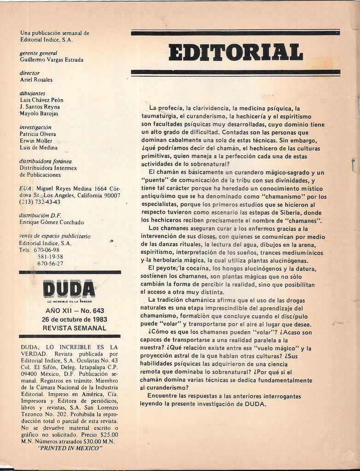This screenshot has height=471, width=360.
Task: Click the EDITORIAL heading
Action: click(x=236, y=52)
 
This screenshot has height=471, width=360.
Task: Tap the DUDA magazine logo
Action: click(x=69, y=289)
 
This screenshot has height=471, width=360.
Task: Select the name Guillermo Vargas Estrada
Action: click(x=52, y=60)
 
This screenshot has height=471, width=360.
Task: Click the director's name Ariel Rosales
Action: click(x=36, y=80)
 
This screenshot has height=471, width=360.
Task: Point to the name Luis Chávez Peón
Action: click(x=42, y=100)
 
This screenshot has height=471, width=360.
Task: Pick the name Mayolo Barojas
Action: click(x=39, y=113)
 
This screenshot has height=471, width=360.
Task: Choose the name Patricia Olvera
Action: click(x=38, y=134)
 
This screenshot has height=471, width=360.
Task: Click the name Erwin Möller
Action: click(x=36, y=141)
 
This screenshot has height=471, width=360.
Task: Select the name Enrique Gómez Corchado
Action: click(x=52, y=222)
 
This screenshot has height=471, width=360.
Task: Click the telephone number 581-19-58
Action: click(x=50, y=257)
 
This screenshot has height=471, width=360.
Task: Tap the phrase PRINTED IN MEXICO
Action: click(x=70, y=448)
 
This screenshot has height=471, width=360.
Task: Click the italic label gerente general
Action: click(x=38, y=53)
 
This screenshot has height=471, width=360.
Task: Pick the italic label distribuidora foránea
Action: click(x=46, y=161)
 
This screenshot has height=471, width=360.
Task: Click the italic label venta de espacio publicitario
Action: click(x=55, y=236)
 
